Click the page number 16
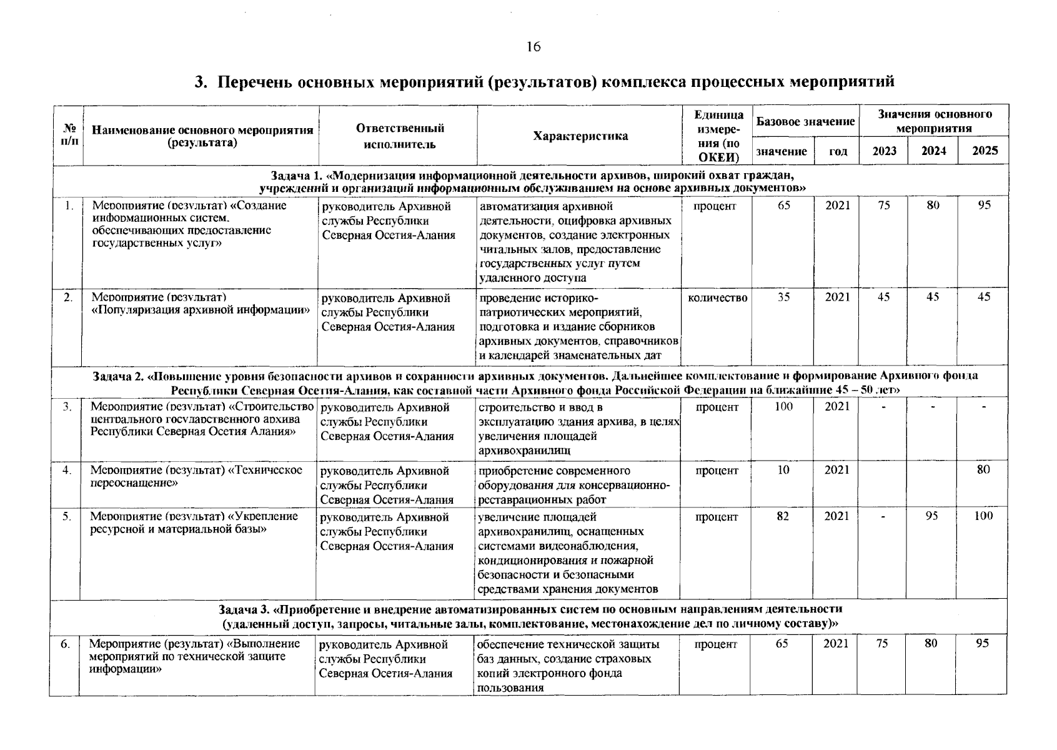[533, 47]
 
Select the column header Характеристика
[580, 136]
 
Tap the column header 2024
[933, 151]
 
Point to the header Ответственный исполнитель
[400, 136]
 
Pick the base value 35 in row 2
[783, 297]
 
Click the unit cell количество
[717, 298]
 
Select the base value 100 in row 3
[783, 407]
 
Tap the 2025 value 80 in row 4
[983, 470]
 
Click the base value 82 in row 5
[783, 516]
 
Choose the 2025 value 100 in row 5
[983, 516]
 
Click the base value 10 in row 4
[783, 470]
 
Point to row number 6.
[65, 644]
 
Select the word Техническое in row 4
[272, 470]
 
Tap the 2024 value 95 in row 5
[931, 516]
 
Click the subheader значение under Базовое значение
[782, 151]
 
